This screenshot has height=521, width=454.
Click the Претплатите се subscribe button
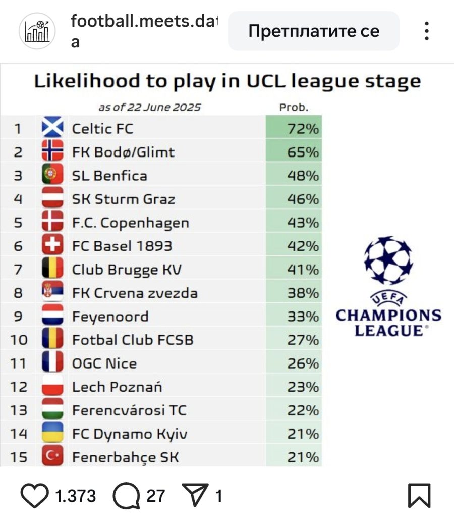click(313, 31)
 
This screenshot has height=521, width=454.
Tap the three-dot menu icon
click(427, 31)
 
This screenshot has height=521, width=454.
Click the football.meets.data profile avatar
click(37, 31)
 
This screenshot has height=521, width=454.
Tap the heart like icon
click(34, 496)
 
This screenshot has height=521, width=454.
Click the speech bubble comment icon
click(126, 496)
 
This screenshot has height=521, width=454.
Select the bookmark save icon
click(419, 496)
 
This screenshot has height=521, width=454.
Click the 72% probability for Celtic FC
click(303, 129)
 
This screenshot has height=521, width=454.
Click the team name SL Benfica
click(109, 176)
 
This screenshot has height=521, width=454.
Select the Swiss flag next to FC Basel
click(52, 244)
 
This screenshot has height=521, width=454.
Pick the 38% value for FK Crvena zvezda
click(303, 293)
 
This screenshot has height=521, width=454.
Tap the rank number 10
click(19, 340)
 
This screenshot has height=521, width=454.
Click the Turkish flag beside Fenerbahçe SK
click(52, 455)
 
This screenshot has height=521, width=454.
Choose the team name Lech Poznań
click(117, 387)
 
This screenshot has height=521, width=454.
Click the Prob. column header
click(294, 108)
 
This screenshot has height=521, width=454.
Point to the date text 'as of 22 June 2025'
click(150, 108)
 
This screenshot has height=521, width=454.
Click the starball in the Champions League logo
click(388, 260)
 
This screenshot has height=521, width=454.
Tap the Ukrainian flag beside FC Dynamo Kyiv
click(52, 432)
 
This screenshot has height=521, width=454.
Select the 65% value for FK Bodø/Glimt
click(303, 152)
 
